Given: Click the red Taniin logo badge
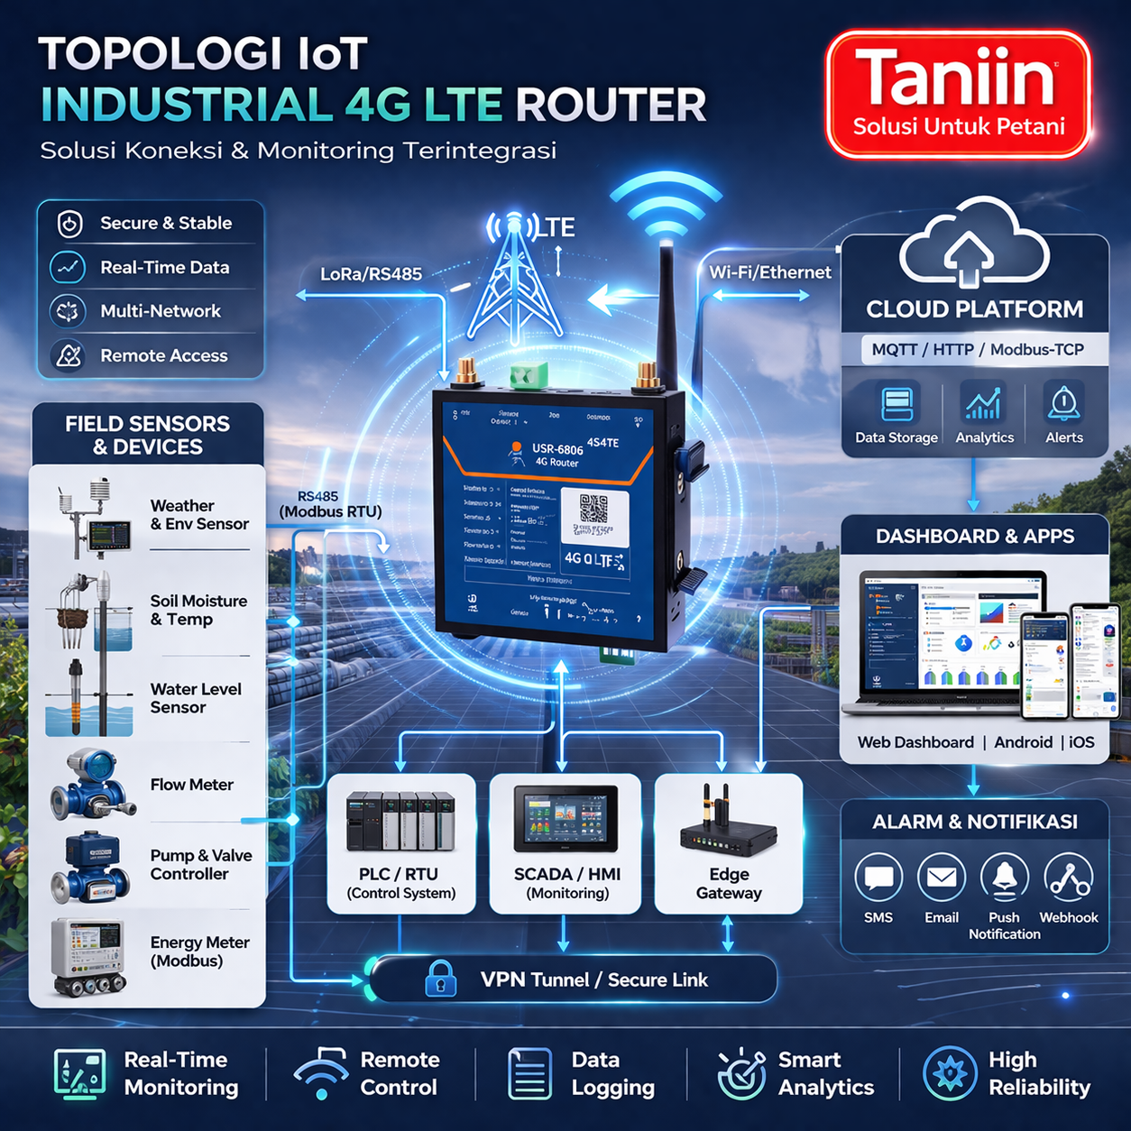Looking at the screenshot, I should (x=958, y=95).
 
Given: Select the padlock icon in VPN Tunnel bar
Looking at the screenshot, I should (x=440, y=979).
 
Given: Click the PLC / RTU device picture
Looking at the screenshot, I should (x=400, y=822).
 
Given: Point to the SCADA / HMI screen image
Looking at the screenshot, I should (x=565, y=819).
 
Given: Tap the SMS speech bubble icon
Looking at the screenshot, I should (x=878, y=878).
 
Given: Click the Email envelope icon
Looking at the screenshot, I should (x=942, y=878).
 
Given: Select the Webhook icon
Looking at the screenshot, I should (x=1069, y=878).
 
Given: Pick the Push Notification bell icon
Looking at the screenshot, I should (x=1005, y=878).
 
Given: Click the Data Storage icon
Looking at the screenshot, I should (x=897, y=404).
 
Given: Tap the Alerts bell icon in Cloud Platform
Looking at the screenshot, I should (x=1064, y=404).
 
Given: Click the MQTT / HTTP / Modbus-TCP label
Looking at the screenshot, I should (x=977, y=349).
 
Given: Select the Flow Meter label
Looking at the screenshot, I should (x=191, y=785).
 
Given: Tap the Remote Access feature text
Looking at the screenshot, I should (x=163, y=355).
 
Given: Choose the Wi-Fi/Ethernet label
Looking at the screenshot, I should (x=769, y=272).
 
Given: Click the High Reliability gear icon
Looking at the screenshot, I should (x=950, y=1073).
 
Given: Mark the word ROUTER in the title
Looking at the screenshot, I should (x=611, y=105).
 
